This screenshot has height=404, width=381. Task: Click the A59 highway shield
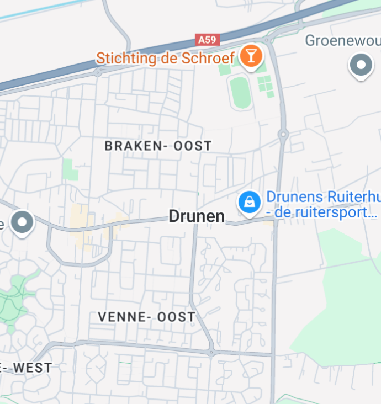click(208, 40)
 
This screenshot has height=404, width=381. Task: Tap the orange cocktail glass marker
click(251, 56)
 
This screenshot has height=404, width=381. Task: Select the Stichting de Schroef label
click(166, 57)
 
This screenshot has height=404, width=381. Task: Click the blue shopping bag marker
click(249, 203)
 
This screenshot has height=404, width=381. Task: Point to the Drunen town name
click(197, 216)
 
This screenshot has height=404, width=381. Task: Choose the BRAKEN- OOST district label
click(158, 146)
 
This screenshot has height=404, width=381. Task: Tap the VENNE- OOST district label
click(146, 317)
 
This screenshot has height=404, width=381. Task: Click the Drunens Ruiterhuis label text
click(323, 197)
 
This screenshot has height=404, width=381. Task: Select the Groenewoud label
click(342, 40)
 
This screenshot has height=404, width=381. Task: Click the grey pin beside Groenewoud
click(361, 66)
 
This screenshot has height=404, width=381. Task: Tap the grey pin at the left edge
click(23, 223)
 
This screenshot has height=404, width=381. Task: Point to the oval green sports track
click(240, 93)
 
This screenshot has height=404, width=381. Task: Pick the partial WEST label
click(30, 368)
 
